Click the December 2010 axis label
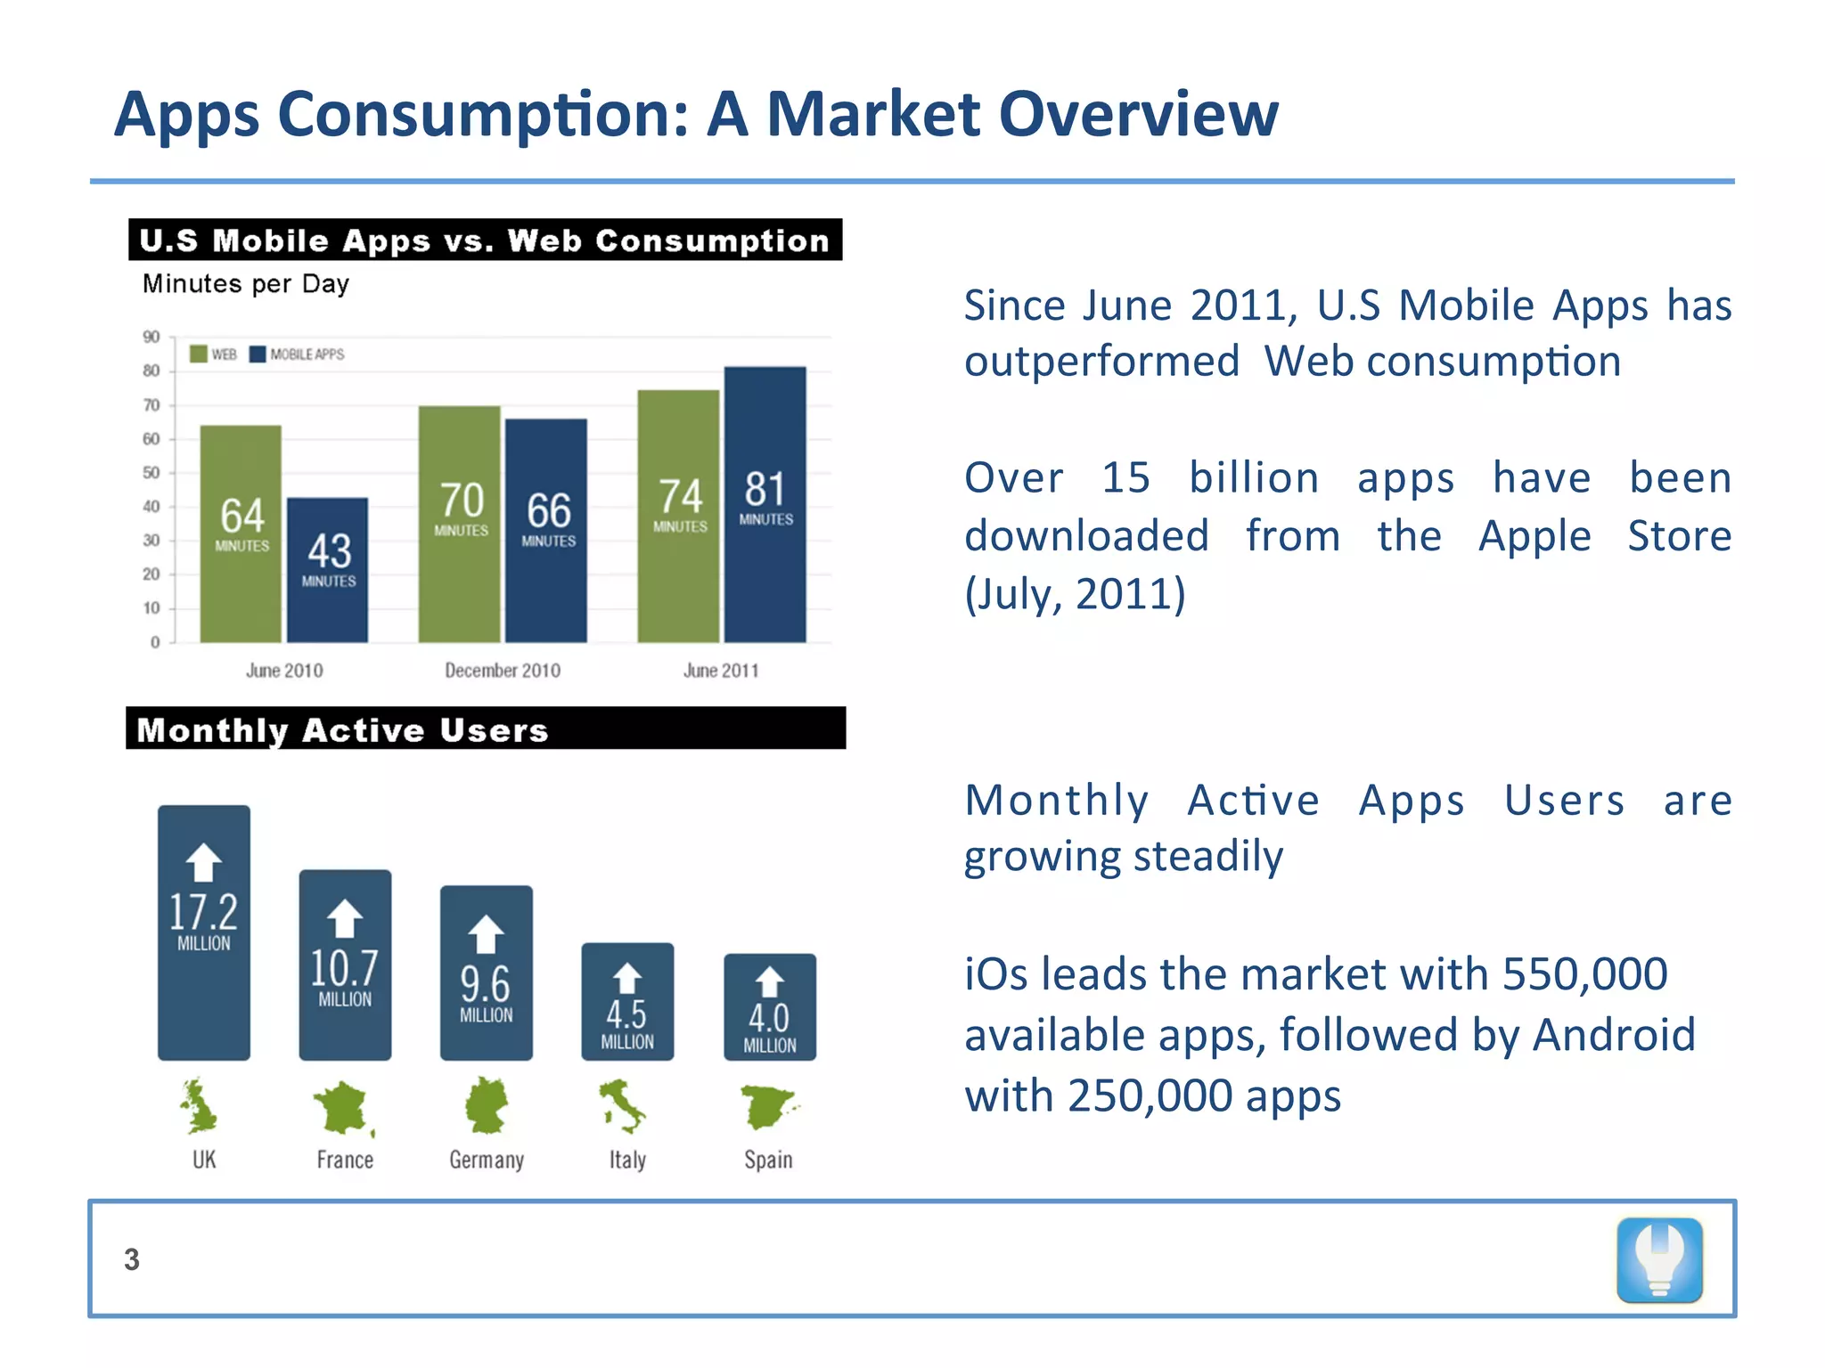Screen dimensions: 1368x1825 click(x=503, y=671)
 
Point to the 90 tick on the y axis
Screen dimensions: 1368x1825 click(x=151, y=337)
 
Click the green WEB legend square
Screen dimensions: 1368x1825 click(x=199, y=354)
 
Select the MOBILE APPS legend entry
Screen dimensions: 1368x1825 click(x=298, y=354)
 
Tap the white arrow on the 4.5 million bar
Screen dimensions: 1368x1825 click(x=627, y=978)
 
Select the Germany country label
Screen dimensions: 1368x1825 click(x=487, y=1160)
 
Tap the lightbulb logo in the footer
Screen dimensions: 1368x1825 click(x=1659, y=1260)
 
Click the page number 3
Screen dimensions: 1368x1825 click(x=132, y=1259)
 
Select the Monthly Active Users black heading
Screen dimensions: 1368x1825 click(x=486, y=729)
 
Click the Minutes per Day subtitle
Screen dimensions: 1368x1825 click(x=246, y=284)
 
